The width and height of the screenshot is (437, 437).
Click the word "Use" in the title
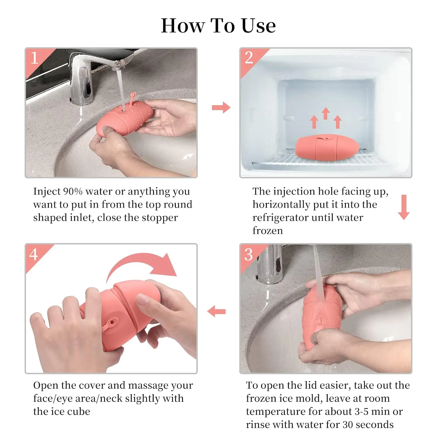pyautogui.click(x=259, y=26)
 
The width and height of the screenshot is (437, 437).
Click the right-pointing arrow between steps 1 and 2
pyautogui.click(x=221, y=108)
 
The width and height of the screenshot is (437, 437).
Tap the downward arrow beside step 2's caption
pyautogui.click(x=404, y=207)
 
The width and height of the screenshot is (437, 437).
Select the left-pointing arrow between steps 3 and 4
pyautogui.click(x=216, y=311)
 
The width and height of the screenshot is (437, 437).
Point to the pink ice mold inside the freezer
pyautogui.click(x=327, y=147)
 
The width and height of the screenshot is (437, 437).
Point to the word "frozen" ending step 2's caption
pyautogui.click(x=267, y=231)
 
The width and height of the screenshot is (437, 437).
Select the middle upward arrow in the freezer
pyautogui.click(x=326, y=113)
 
